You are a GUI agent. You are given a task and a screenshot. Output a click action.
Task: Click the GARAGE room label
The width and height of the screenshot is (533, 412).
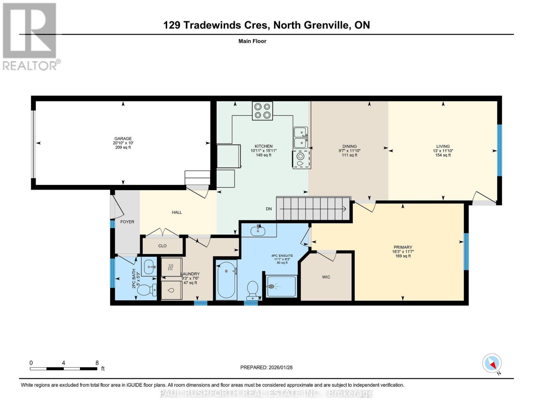pos(123,139)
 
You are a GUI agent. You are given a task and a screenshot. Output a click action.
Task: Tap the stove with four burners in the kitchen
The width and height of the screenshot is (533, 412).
pos(262,111)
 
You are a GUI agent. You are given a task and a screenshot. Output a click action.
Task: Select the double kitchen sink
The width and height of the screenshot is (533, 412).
pos(300,138)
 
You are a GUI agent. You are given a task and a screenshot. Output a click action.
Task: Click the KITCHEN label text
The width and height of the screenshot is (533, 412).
pos(263,146)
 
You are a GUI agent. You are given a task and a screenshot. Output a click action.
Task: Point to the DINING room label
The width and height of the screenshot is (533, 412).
pos(349,146)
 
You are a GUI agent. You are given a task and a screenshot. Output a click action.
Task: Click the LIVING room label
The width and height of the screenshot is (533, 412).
pos(443,146)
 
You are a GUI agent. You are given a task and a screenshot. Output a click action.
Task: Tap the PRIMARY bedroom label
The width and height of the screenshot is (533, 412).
pos(403,247)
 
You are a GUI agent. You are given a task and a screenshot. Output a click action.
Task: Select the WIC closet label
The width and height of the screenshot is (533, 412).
pos(326,277)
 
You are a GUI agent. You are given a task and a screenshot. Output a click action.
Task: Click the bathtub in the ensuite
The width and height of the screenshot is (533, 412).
pos(227,280)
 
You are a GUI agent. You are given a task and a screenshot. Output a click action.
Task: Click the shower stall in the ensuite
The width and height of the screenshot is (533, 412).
pos(281,286)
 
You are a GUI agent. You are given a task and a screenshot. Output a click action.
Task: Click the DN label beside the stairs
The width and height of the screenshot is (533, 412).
pos(269,209)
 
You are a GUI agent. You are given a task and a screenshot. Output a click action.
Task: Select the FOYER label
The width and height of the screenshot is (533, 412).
pos(127,222)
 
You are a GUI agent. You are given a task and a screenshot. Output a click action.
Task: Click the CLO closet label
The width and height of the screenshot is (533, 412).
pos(162,246)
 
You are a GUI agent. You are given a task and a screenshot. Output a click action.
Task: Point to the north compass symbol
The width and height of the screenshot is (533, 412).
pos(492,363)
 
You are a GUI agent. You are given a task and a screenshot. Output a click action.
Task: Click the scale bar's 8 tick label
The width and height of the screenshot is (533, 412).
pos(97,363)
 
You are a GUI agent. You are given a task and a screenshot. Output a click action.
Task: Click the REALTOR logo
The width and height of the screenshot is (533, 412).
pos(30,36)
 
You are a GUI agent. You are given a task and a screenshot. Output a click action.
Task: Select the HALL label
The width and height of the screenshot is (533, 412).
pos(177,212)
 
